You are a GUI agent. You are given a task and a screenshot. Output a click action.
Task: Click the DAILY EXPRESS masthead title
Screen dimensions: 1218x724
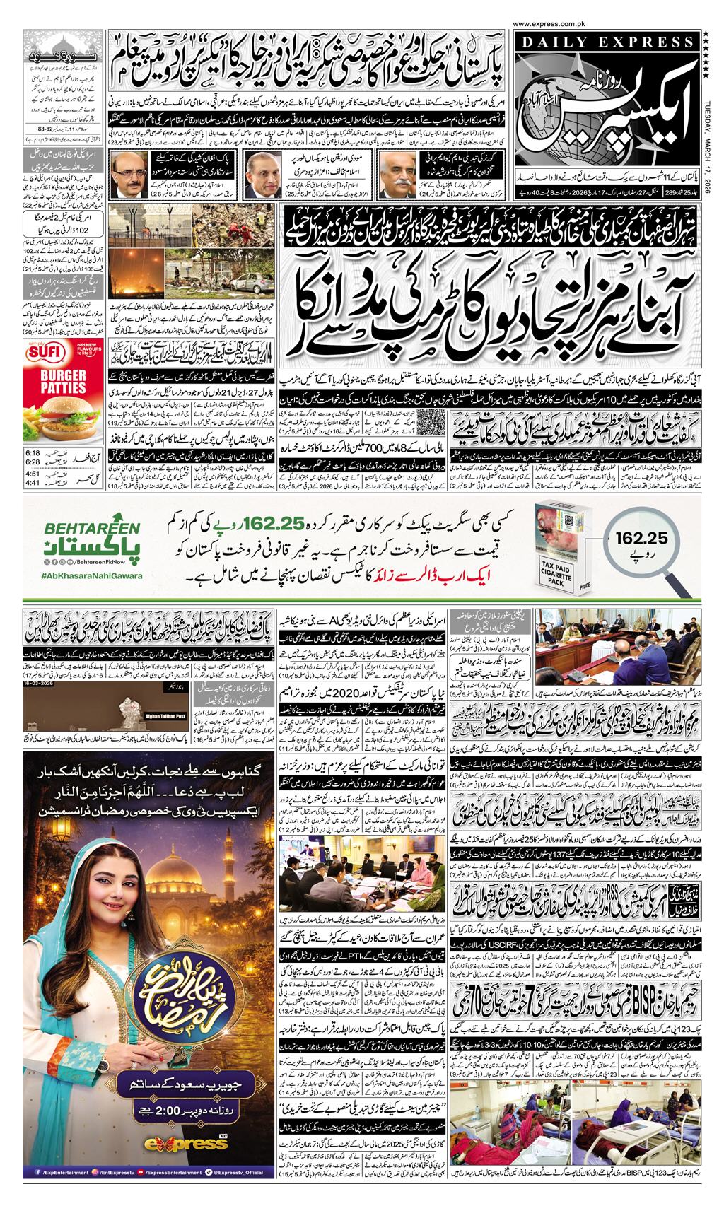coord(607,43)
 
